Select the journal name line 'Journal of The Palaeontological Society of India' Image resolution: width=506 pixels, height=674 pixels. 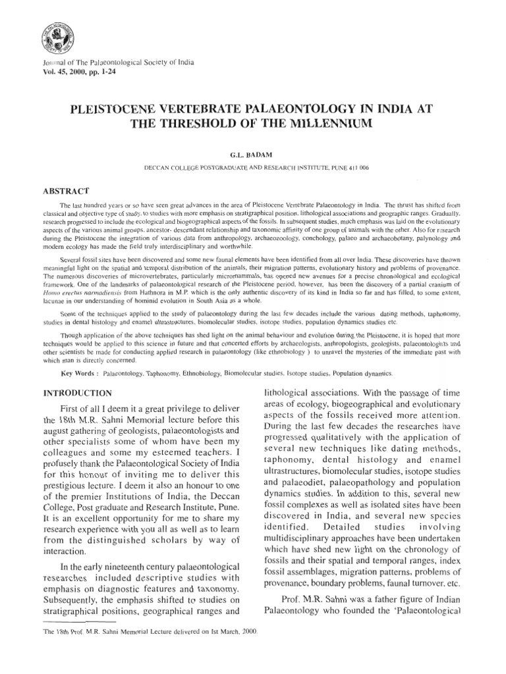[117, 63]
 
